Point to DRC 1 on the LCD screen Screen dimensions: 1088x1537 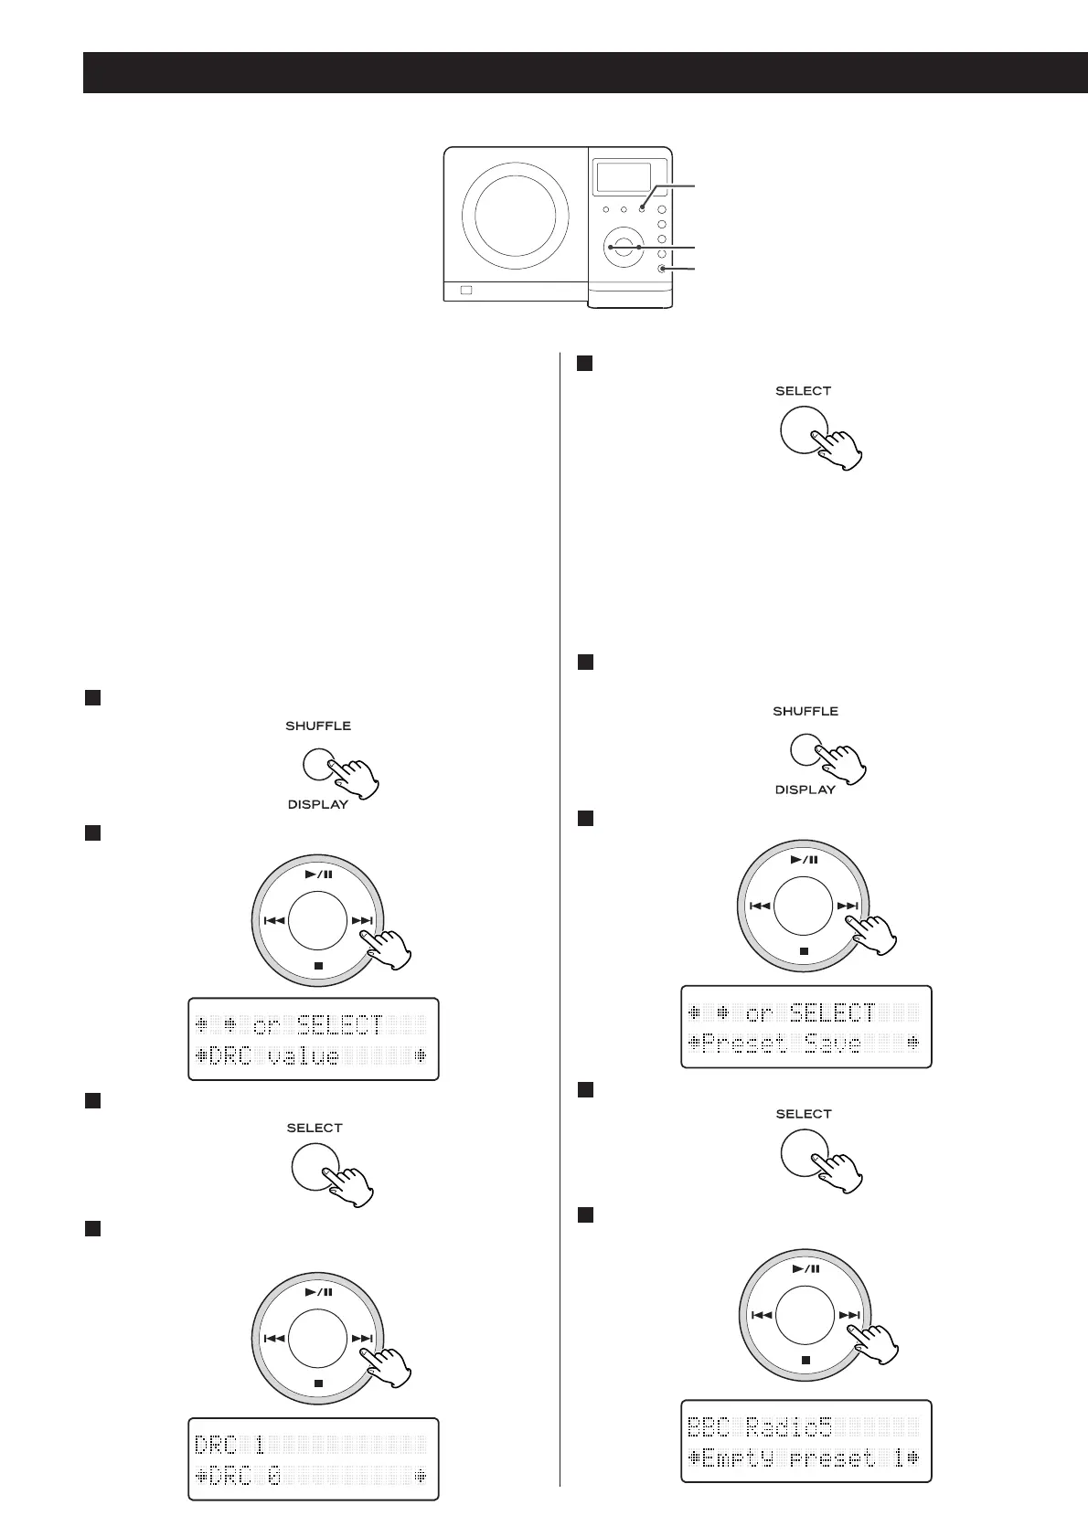pyautogui.click(x=229, y=1445)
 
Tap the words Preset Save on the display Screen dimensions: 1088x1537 pyautogui.click(x=775, y=1043)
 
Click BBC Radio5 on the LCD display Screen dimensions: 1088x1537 pyautogui.click(x=766, y=1426)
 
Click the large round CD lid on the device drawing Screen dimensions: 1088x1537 pyautogui.click(x=514, y=216)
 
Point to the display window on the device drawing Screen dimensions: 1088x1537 pyautogui.click(x=623, y=177)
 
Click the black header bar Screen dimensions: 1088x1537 pyautogui.click(x=585, y=72)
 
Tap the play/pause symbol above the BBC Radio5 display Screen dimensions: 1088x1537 pyautogui.click(x=805, y=1268)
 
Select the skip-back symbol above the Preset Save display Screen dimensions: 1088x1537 pyautogui.click(x=760, y=906)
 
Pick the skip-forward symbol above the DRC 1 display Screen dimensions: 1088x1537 pyautogui.click(x=362, y=1338)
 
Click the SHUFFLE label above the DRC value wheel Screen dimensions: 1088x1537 pyautogui.click(x=318, y=726)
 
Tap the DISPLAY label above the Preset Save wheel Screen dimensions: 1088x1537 pyautogui.click(x=805, y=790)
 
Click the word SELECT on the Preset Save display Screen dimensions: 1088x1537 pyautogui.click(x=832, y=1012)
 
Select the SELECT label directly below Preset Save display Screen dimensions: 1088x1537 pyautogui.click(x=804, y=1114)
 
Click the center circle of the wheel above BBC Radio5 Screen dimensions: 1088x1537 pyautogui.click(x=805, y=1317)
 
